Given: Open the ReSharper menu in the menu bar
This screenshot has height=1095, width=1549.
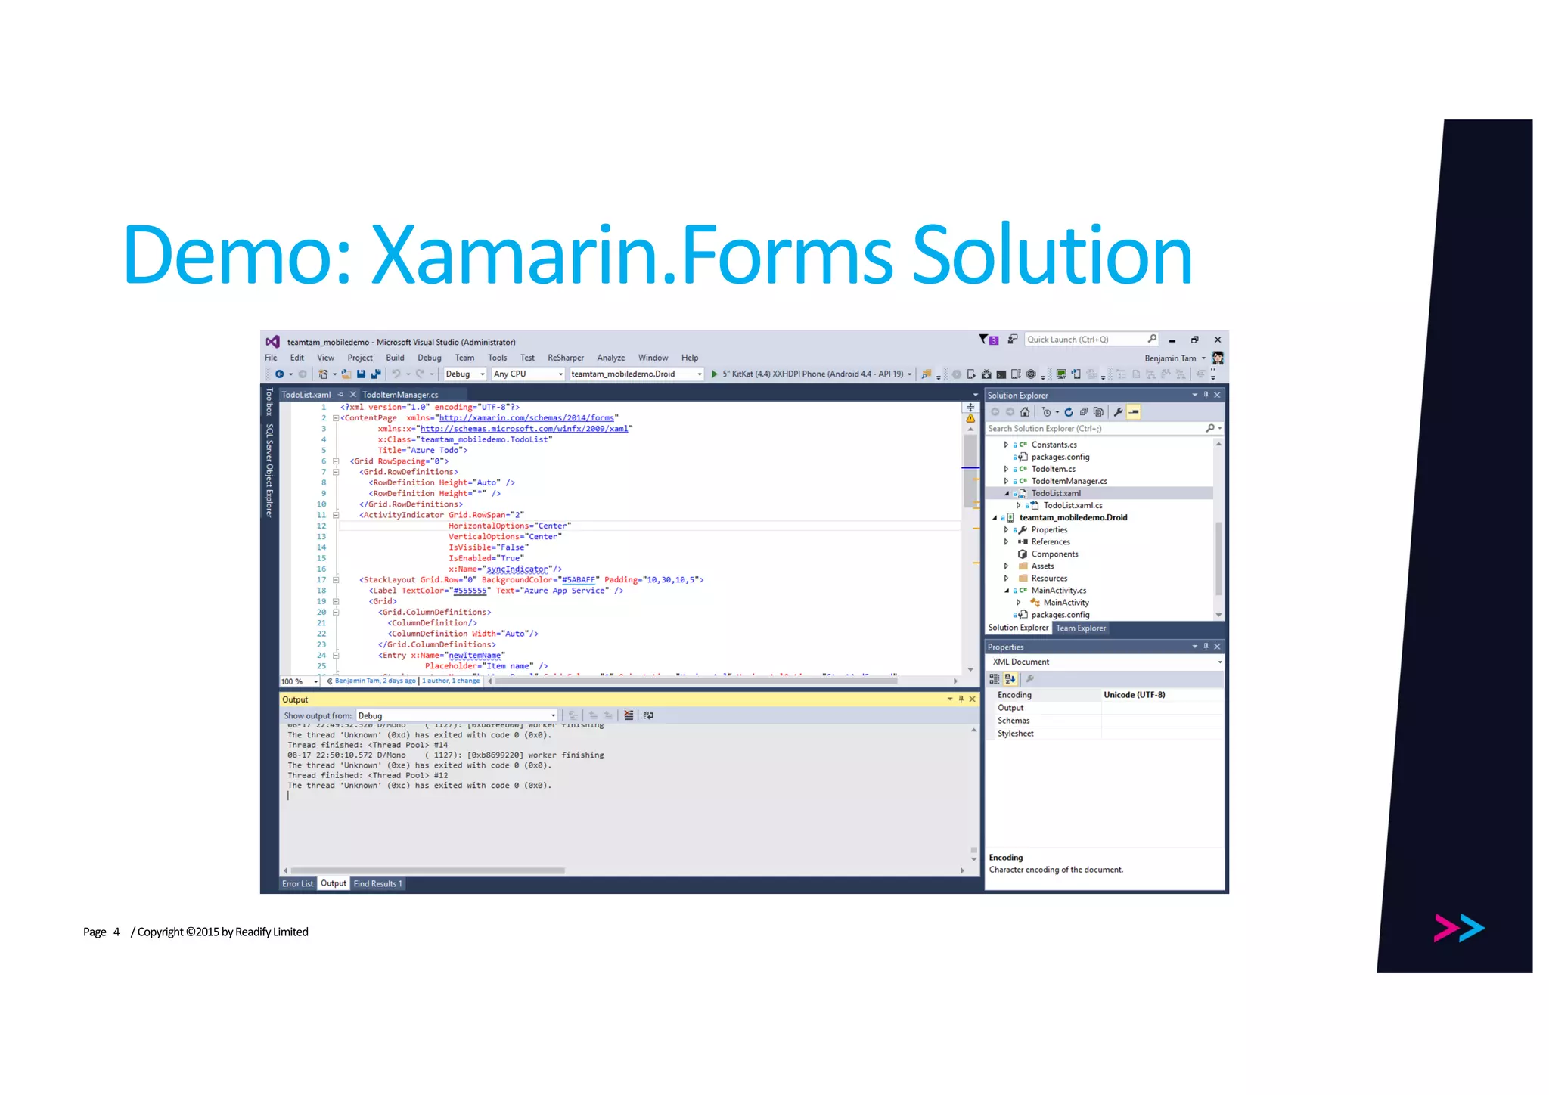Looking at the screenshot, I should pos(565,358).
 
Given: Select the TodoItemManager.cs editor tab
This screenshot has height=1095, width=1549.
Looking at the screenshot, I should pos(399,395).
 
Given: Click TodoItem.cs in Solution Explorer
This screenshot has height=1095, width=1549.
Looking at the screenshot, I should pos(1053,469).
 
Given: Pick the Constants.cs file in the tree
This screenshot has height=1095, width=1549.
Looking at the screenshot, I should pos(1054,445).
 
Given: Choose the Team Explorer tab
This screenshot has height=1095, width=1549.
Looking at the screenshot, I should pos(1080,628).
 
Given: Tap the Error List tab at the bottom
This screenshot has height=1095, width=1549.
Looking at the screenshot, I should pos(297,883).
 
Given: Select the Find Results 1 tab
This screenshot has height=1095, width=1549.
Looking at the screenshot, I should pos(377,883).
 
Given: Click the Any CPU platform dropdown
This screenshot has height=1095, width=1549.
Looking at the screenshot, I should pos(528,374).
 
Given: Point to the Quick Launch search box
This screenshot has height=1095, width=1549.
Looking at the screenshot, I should pos(1085,340).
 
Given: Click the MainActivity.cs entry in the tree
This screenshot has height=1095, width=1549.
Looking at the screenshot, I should pos(1058,591).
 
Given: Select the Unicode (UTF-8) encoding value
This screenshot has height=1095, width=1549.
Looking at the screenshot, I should pos(1134,695).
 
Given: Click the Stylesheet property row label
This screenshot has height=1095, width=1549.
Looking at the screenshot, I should pos(1015,734).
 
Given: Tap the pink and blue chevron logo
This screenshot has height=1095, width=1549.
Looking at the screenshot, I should pos(1458,928).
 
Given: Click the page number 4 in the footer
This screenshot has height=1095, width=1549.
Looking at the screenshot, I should pos(116,932).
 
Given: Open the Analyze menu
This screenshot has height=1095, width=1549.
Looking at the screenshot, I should pos(610,358).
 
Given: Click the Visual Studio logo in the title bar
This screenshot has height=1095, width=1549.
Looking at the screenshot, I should pos(273,342).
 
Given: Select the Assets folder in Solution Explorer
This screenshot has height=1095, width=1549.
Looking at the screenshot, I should pos(1042,566).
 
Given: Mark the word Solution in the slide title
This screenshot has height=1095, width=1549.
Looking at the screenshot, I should pos(1052,255).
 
